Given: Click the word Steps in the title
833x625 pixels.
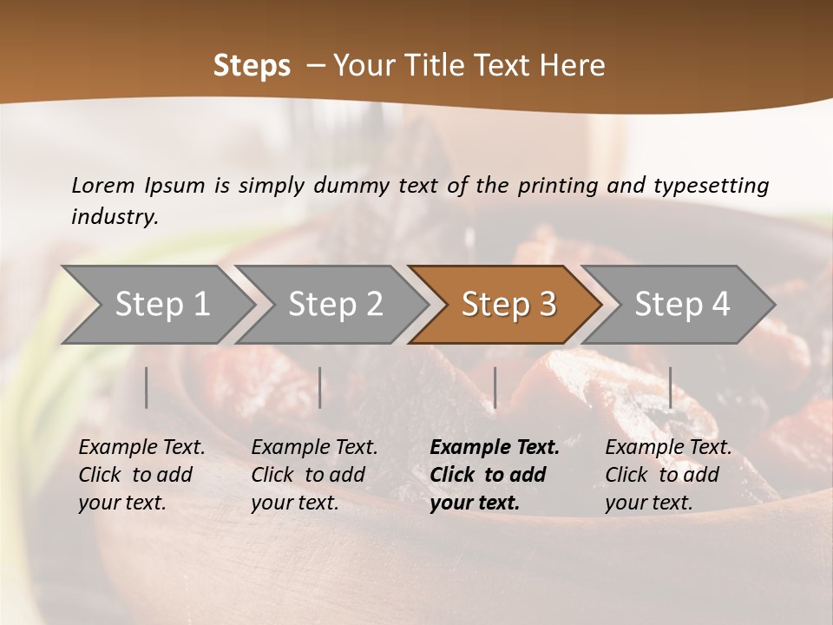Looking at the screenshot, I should pyautogui.click(x=252, y=66).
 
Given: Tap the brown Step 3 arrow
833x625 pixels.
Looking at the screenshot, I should pyautogui.click(x=507, y=305).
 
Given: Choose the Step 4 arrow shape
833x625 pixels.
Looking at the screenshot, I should pyautogui.click(x=680, y=305).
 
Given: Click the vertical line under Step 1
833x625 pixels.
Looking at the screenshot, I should pyautogui.click(x=147, y=387).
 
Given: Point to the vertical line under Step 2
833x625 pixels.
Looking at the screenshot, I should pyautogui.click(x=320, y=387).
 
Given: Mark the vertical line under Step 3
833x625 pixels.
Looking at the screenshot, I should pyautogui.click(x=495, y=387).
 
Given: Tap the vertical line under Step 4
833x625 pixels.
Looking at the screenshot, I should pyautogui.click(x=670, y=387).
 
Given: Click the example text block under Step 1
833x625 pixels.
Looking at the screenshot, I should pyautogui.click(x=141, y=475).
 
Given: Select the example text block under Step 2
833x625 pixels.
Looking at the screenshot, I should pyautogui.click(x=314, y=475).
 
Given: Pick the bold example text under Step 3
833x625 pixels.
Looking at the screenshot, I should pyautogui.click(x=495, y=475).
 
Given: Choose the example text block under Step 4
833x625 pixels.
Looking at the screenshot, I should pyautogui.click(x=668, y=475).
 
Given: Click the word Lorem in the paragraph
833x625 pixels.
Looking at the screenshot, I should pyautogui.click(x=102, y=186).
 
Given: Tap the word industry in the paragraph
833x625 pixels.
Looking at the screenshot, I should pyautogui.click(x=115, y=217).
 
